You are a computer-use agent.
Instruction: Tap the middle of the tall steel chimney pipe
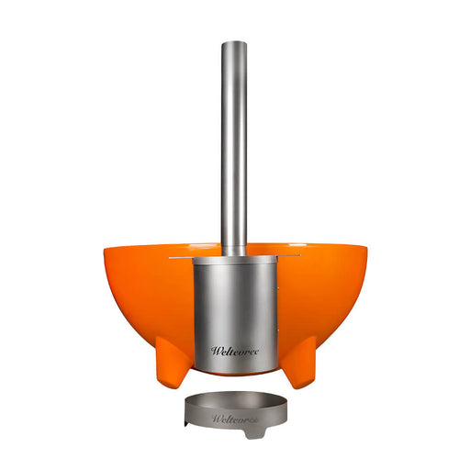pyautogui.click(x=233, y=147)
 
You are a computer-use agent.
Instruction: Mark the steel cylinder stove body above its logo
pyautogui.click(x=234, y=303)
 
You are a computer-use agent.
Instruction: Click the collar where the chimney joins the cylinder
pyautogui.click(x=233, y=254)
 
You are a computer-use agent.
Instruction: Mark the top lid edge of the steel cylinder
pyautogui.click(x=234, y=261)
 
